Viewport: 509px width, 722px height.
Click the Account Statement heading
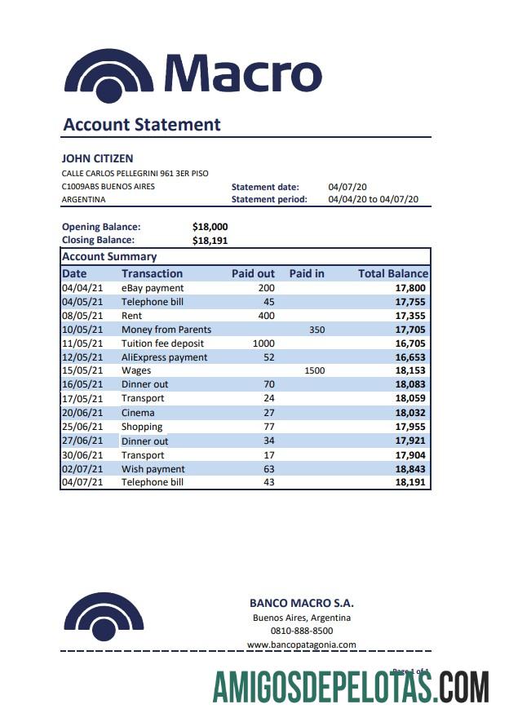point(142,125)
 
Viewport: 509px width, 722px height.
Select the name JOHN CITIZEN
point(97,158)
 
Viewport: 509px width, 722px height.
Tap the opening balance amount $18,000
point(210,227)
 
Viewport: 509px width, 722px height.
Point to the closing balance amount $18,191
point(210,240)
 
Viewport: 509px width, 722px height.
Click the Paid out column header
point(253,273)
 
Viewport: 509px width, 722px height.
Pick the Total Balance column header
point(392,273)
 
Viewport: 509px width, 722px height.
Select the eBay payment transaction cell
point(153,288)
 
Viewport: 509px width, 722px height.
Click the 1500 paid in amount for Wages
point(314,370)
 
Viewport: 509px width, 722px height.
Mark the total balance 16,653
point(409,357)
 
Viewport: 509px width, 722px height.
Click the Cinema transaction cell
point(138,413)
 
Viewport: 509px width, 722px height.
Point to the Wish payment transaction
point(153,469)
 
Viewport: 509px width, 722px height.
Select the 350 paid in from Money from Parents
point(316,330)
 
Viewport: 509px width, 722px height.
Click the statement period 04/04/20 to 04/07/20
point(373,199)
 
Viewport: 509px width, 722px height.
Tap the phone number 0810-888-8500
point(301,631)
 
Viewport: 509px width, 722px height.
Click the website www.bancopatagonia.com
point(301,644)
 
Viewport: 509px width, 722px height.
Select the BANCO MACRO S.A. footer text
point(301,604)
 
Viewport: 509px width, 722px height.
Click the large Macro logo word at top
point(243,73)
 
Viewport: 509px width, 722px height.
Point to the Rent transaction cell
point(131,316)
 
